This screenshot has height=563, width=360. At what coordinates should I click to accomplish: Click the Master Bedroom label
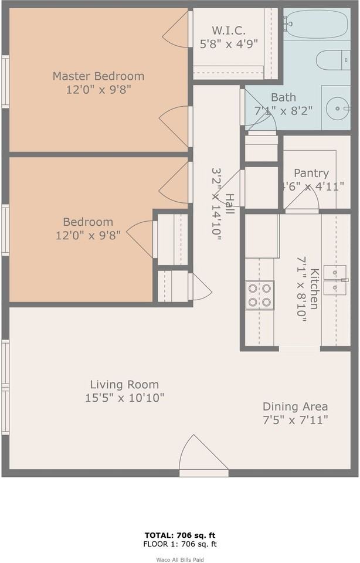tap(99, 76)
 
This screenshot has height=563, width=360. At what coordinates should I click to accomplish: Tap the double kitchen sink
tap(335, 279)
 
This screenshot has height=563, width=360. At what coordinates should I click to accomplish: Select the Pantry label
tap(311, 174)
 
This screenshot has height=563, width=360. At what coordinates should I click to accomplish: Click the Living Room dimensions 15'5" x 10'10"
tap(124, 398)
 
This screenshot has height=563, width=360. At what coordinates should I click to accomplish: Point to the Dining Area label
tap(295, 406)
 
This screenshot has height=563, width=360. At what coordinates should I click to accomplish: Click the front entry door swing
tap(199, 454)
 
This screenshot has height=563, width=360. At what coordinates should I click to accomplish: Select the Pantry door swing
tap(305, 198)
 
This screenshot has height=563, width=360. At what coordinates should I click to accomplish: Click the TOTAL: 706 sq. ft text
tap(181, 535)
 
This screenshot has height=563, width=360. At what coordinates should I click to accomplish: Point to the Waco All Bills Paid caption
tap(181, 559)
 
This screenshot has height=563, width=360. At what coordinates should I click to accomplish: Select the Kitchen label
tap(315, 288)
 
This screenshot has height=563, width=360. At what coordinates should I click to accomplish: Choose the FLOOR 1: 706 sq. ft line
tap(181, 544)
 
